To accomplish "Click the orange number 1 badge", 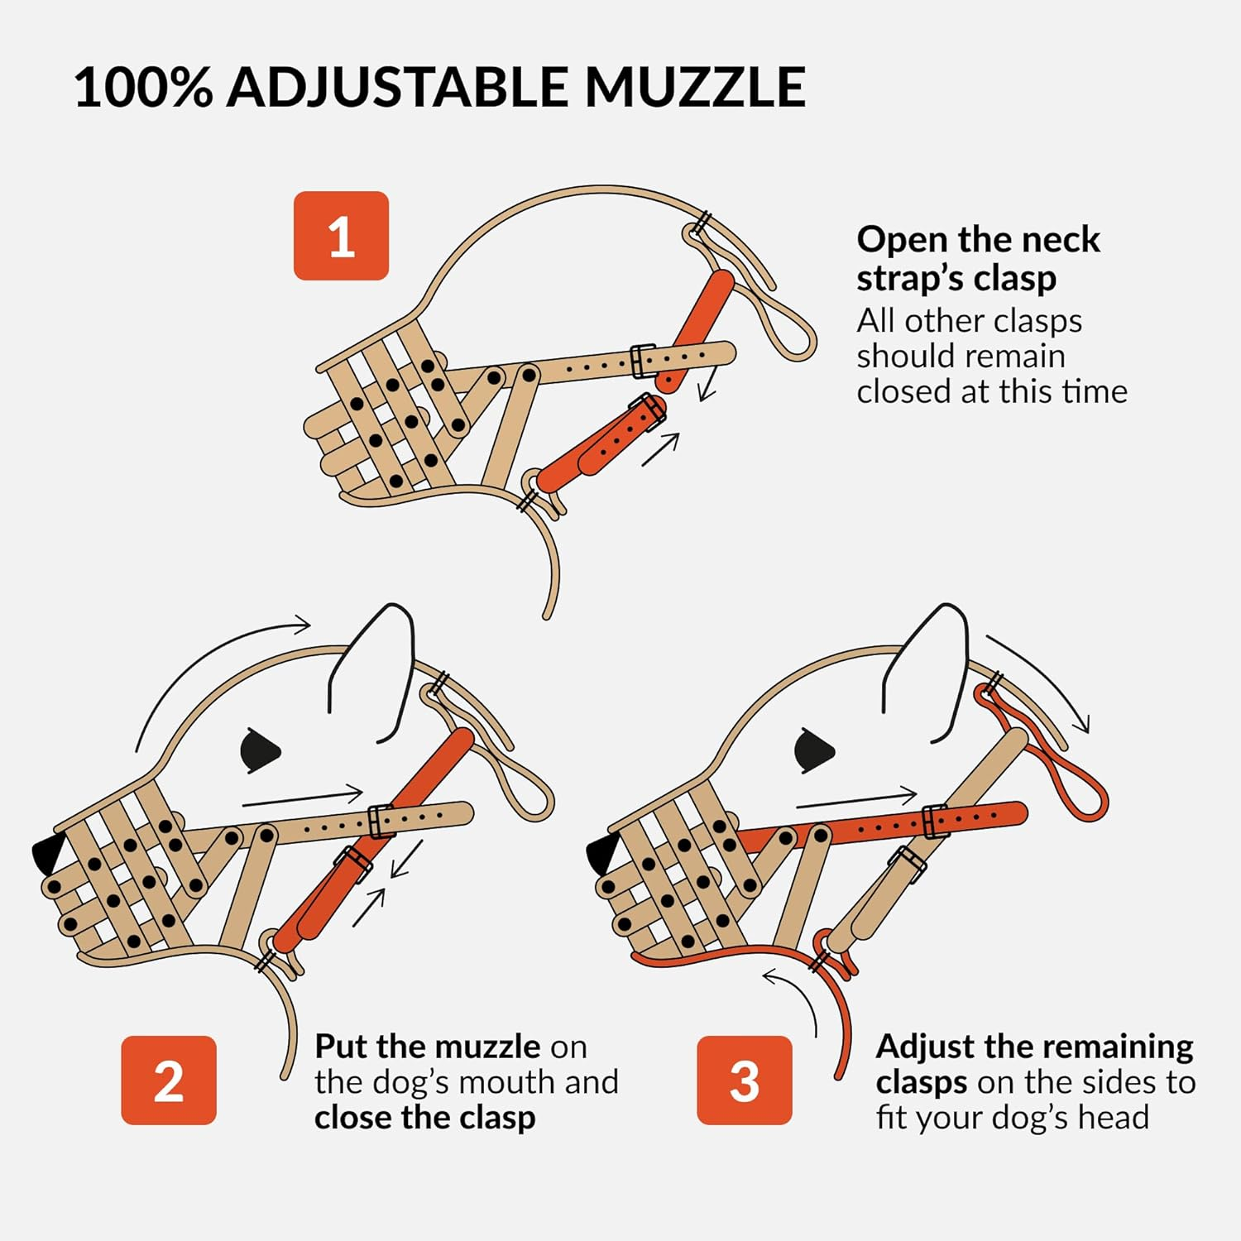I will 341,236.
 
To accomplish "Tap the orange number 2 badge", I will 168,1080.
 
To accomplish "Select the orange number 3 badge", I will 744,1080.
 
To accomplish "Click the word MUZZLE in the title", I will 695,87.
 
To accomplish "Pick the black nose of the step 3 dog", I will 602,852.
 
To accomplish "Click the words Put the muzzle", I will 427,1047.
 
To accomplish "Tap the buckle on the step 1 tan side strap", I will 644,361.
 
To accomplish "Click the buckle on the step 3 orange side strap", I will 935,822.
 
